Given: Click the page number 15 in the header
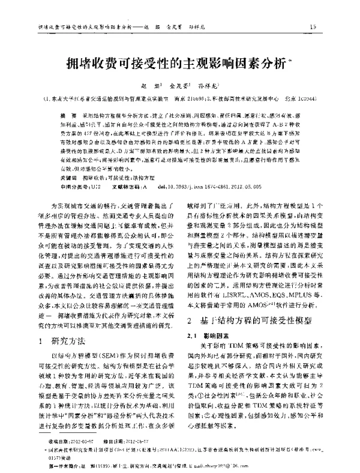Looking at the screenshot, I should pyautogui.click(x=313, y=27).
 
